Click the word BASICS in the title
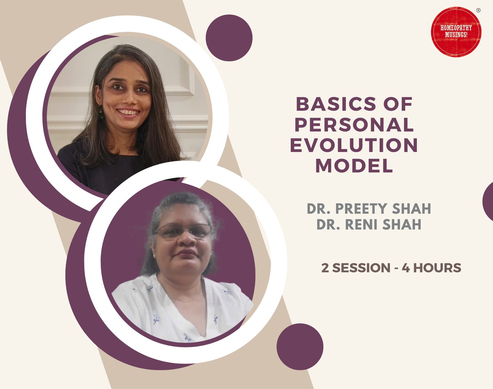click(x=336, y=104)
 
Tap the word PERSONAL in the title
click(x=354, y=124)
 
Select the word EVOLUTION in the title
click(x=354, y=145)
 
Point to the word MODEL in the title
click(x=354, y=165)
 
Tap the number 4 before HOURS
click(x=406, y=268)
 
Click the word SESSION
click(x=361, y=268)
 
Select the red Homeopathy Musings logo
click(x=456, y=32)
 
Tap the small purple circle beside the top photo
click(x=229, y=38)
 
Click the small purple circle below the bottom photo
click(x=300, y=346)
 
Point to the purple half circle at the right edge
click(x=488, y=201)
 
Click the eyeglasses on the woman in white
click(x=183, y=232)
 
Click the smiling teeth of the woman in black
click(x=128, y=112)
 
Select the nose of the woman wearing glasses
click(x=187, y=239)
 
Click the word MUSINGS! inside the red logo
click(x=456, y=35)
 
